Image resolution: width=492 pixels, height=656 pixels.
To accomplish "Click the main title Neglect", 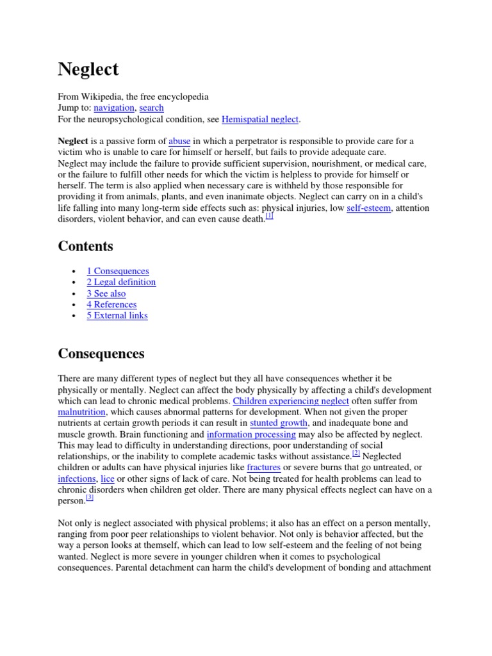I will point(88,69).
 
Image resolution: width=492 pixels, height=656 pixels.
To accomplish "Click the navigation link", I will point(114,108).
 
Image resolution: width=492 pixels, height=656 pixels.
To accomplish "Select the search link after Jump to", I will point(151,108).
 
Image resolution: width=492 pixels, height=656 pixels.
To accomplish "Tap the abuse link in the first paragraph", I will point(179,141).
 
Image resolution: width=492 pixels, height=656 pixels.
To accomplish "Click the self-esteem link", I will point(368,208).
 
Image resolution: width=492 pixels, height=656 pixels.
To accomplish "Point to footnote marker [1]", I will point(270,217).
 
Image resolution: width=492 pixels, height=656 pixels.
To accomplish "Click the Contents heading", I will point(85,246).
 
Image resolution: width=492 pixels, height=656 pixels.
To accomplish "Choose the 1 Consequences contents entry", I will point(118,271).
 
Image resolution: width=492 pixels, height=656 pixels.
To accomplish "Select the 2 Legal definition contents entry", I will point(121,282).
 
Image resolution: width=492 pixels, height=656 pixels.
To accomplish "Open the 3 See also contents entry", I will point(106,293).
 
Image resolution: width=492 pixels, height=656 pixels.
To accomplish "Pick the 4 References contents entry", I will point(111,304).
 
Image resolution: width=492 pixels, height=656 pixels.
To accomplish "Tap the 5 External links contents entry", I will point(117,315).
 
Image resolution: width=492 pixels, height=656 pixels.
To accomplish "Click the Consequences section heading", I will point(101,354).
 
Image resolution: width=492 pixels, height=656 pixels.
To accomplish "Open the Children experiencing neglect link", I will point(291,401).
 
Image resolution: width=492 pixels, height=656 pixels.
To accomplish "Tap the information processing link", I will point(251,434).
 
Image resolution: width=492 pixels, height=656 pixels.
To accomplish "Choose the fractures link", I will point(263,468).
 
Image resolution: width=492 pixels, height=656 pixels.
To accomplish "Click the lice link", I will point(108,479).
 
